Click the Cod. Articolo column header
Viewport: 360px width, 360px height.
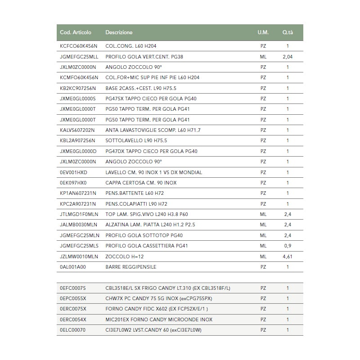(x=76, y=32)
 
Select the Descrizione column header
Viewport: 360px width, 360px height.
(x=119, y=32)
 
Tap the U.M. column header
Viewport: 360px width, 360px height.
(x=263, y=32)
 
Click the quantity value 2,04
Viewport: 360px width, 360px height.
(x=288, y=57)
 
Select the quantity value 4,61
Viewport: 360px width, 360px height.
(x=288, y=256)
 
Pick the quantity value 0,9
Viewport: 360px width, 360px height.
(x=288, y=246)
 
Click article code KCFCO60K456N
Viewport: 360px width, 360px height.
(x=78, y=46)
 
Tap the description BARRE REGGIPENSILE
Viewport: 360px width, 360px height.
(x=131, y=267)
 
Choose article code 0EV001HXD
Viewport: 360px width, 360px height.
(x=73, y=172)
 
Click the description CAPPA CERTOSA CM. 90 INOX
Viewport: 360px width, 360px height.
(x=141, y=183)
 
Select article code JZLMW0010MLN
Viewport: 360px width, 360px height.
(x=79, y=256)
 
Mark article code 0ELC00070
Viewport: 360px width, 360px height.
(x=72, y=330)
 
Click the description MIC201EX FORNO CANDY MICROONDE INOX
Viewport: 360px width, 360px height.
(x=159, y=319)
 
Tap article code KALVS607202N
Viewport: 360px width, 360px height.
(x=77, y=130)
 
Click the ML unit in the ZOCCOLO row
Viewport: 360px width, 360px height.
(x=263, y=256)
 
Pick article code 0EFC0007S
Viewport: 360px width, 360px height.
(x=72, y=288)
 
